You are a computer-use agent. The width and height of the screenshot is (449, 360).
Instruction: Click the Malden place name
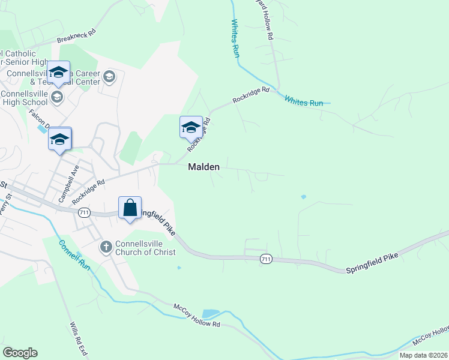[x=204, y=167]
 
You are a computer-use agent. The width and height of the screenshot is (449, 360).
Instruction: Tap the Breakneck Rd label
[x=76, y=36]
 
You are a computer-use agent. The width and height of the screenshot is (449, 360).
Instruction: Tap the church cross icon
[x=106, y=246]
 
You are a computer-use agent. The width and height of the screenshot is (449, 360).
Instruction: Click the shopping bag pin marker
[x=130, y=208]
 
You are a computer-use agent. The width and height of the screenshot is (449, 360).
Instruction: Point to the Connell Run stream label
[x=74, y=255]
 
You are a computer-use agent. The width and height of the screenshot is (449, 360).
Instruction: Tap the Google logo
[x=20, y=353]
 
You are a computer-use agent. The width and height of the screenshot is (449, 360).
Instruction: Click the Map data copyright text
[x=423, y=355]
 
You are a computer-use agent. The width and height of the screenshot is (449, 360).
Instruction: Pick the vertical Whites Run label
[x=236, y=38]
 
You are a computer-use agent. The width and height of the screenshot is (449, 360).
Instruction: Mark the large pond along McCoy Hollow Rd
[x=211, y=314]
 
